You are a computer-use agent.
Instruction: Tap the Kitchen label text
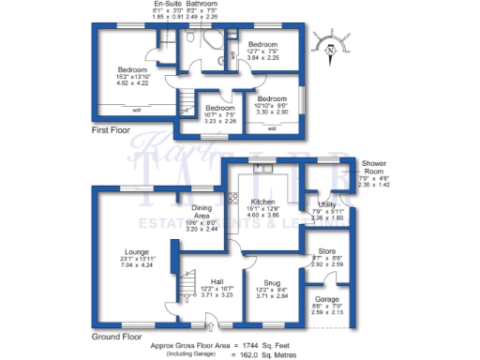point(262,202)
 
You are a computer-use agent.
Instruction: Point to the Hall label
point(217,281)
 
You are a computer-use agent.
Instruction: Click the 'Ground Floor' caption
point(116,335)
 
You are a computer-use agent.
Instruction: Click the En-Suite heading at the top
point(169,4)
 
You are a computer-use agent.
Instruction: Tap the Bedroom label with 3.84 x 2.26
point(262,44)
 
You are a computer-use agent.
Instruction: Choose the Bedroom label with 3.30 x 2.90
point(272,99)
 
